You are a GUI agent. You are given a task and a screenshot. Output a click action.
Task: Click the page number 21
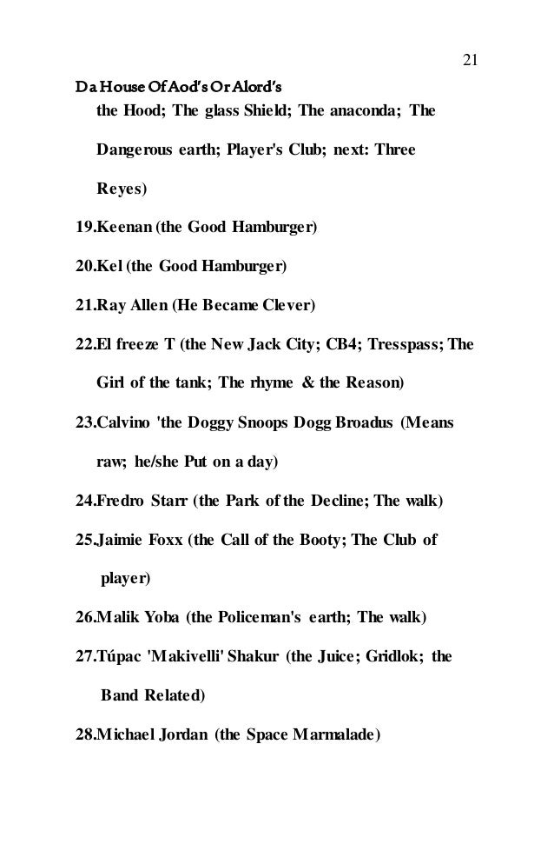tap(470, 59)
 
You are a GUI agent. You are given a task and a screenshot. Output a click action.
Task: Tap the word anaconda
tap(359, 110)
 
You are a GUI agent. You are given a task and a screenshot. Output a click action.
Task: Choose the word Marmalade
tap(334, 734)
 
